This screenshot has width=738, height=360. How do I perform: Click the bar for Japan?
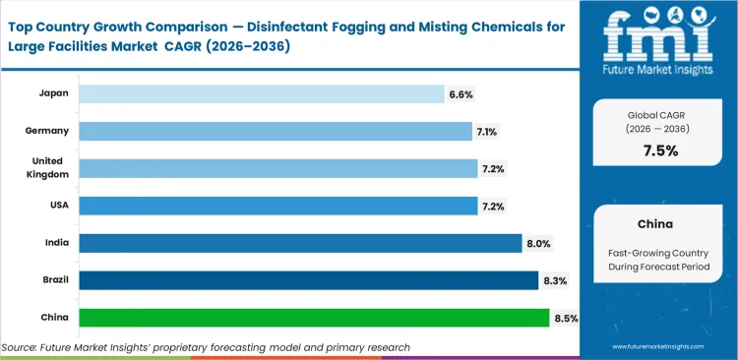(x=261, y=93)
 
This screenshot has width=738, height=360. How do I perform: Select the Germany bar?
(x=275, y=131)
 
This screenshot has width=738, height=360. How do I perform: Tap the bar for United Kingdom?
(x=277, y=168)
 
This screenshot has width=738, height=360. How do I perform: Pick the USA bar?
(x=277, y=206)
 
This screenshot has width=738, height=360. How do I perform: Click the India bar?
(x=300, y=243)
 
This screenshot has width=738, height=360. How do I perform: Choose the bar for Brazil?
(x=308, y=280)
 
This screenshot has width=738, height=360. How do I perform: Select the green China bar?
(x=314, y=318)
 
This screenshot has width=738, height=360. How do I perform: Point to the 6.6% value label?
(x=461, y=94)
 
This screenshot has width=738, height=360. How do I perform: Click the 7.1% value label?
(x=489, y=132)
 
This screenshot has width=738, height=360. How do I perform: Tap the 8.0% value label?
(x=538, y=244)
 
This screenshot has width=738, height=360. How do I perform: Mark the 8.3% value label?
(x=554, y=281)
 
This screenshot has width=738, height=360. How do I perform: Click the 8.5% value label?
(x=566, y=319)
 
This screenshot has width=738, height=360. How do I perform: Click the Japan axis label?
(x=52, y=93)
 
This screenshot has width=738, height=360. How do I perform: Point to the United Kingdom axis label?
(x=49, y=168)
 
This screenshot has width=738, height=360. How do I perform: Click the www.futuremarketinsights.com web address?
(x=658, y=346)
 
